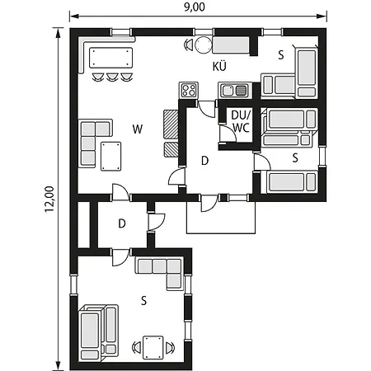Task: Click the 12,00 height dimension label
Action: [x=49, y=199]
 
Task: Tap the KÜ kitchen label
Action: [x=220, y=66]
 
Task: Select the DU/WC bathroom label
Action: [x=241, y=121]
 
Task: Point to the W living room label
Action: [x=137, y=128]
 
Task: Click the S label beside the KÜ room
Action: [x=281, y=55]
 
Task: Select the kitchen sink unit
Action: [x=234, y=89]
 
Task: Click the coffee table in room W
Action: [x=110, y=155]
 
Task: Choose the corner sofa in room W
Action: [x=92, y=142]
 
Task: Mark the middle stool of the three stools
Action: [x=111, y=78]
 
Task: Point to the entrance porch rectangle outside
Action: [x=222, y=216]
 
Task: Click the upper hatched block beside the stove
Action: [x=171, y=123]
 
